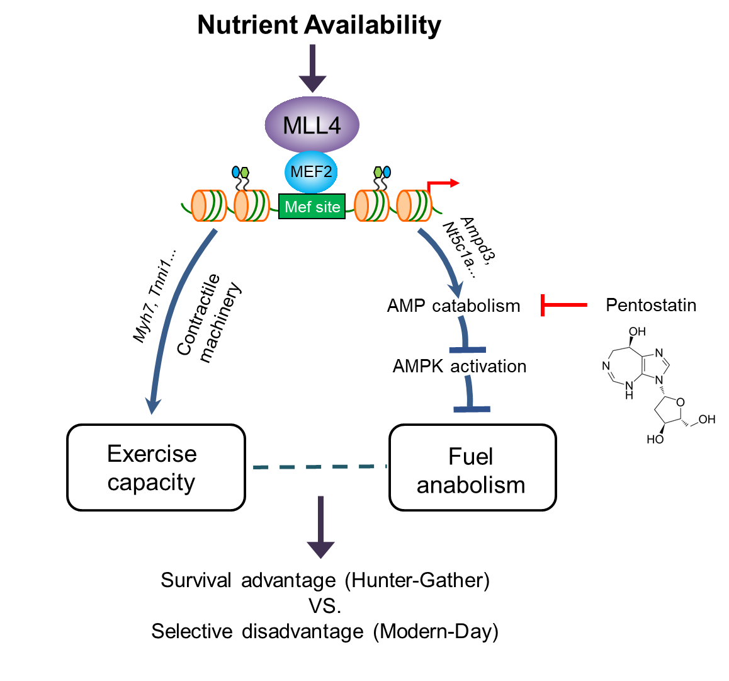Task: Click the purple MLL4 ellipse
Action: (312, 125)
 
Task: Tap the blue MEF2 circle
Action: (311, 172)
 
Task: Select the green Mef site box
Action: (312, 207)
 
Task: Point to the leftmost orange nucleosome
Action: (208, 205)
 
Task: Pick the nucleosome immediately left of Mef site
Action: (251, 205)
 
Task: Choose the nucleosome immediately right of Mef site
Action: (371, 205)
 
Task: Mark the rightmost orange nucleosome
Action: (414, 205)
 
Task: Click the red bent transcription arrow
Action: (443, 183)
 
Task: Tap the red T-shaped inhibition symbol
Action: (563, 305)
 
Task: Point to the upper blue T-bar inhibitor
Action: (466, 340)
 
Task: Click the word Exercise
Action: (152, 454)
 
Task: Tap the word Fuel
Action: (470, 457)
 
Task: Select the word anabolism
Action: (470, 485)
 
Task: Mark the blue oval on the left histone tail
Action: (236, 172)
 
